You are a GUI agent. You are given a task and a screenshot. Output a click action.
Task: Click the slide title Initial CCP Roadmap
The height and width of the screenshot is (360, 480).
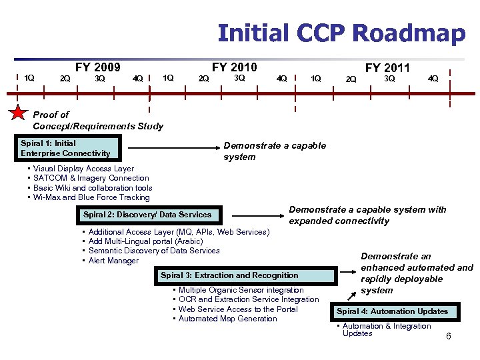click(x=341, y=33)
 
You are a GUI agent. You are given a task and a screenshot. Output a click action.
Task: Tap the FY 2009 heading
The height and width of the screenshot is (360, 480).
click(x=97, y=67)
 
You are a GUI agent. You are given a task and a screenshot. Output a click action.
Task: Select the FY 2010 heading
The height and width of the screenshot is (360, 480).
click(x=234, y=67)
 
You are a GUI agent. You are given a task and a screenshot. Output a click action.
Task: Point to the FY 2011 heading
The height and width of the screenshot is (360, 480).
click(x=387, y=68)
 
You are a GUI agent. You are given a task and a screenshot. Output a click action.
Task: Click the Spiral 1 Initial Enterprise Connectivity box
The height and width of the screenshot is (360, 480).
click(x=69, y=149)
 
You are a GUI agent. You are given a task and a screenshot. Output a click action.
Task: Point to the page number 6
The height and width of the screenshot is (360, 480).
click(x=449, y=337)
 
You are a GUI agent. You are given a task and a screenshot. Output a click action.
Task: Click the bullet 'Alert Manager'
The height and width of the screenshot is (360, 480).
click(x=113, y=261)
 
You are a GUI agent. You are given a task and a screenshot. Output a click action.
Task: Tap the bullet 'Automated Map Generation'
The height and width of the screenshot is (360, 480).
click(x=227, y=319)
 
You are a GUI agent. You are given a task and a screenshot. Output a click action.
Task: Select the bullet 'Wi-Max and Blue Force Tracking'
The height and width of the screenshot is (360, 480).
click(x=91, y=197)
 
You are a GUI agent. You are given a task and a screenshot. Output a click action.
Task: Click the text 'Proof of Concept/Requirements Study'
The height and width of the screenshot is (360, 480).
click(x=97, y=121)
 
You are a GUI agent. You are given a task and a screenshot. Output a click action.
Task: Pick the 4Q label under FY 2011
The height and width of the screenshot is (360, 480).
click(x=433, y=79)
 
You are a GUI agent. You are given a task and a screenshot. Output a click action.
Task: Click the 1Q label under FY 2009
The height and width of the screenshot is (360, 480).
click(x=29, y=78)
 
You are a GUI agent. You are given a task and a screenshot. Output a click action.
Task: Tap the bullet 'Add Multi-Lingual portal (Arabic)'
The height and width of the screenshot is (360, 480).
click(x=145, y=241)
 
